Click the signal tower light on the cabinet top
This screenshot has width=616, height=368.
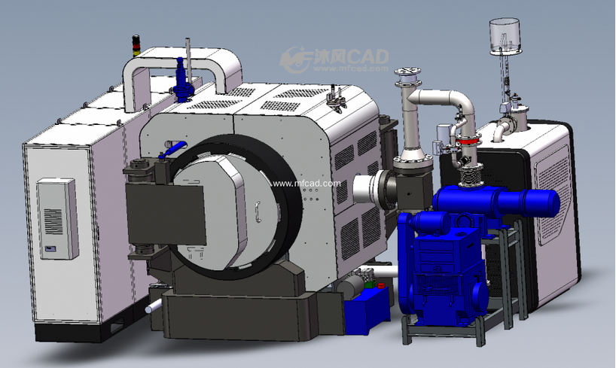point(136,46)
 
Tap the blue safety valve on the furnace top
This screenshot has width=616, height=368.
point(181,80)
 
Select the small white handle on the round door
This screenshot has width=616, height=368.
point(258,212)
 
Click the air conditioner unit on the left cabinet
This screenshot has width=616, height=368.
point(58,219)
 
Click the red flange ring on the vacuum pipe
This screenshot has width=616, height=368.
point(468,138)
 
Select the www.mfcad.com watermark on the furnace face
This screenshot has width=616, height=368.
point(306,184)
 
